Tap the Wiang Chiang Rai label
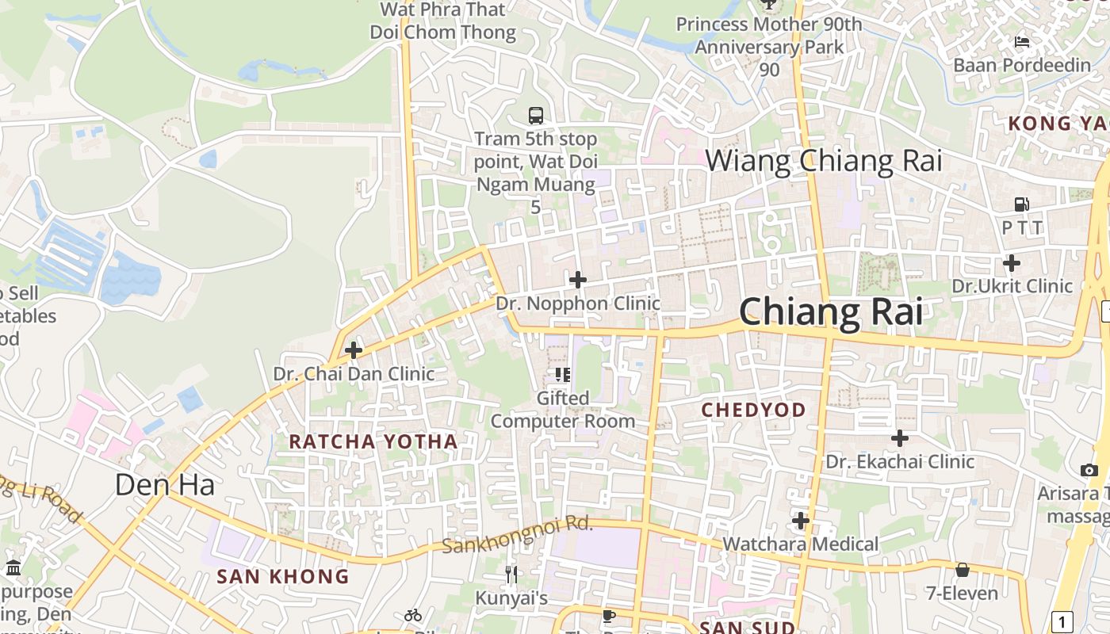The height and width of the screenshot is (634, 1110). coord(823,161)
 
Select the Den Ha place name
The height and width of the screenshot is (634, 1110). coord(165,484)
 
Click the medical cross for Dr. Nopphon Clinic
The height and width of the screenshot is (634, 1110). coord(578,279)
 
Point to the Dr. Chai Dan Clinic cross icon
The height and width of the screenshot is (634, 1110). coord(354,349)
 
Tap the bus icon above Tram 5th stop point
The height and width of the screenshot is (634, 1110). coord(536,116)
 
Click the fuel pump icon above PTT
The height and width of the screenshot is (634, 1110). coord(1022,204)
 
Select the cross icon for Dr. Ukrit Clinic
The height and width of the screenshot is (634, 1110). coord(1012,262)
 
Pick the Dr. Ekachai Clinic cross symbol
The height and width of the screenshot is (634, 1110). coord(900,437)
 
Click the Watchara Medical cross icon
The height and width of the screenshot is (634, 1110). coord(801,521)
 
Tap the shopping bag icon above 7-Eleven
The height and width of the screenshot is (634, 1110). coord(963,569)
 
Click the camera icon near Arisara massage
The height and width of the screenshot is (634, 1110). coord(1089,470)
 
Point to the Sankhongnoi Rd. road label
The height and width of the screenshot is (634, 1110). coord(517,536)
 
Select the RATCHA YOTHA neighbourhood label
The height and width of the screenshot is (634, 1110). coord(373,441)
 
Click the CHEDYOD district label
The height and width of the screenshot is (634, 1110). coord(754,410)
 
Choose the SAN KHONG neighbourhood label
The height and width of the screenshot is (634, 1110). coord(283,576)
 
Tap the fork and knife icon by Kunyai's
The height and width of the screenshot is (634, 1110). coord(511,574)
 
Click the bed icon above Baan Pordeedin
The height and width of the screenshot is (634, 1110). coord(1022,41)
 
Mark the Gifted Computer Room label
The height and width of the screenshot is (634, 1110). coord(563,409)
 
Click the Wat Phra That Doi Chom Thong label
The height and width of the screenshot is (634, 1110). coord(443,21)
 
